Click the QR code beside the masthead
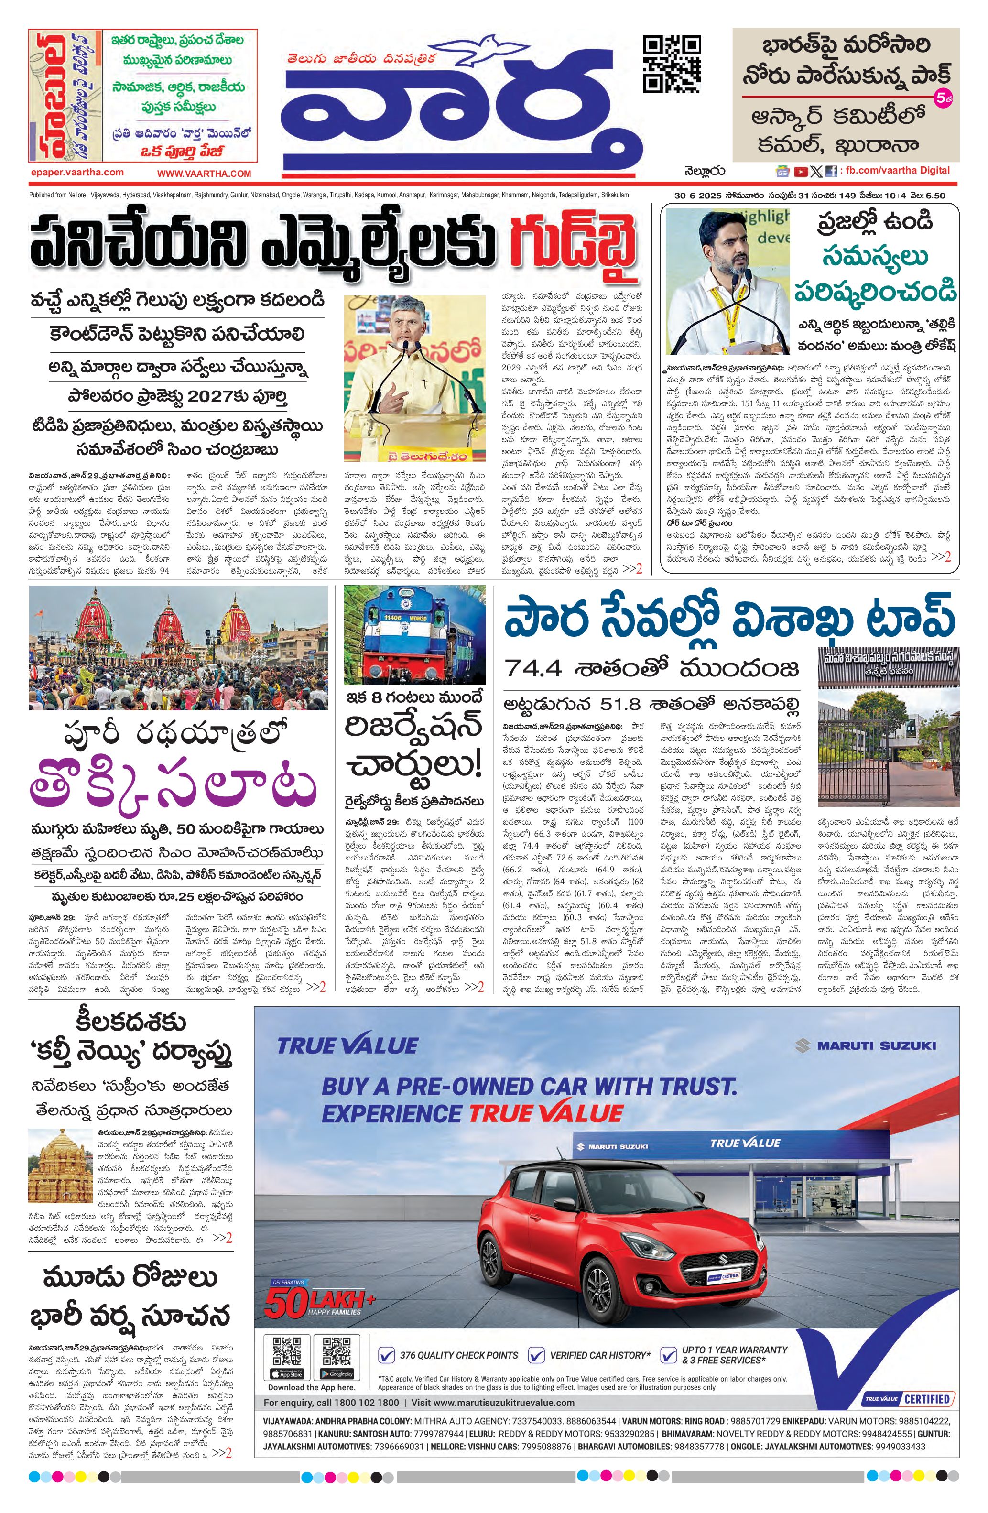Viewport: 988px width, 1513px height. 672,64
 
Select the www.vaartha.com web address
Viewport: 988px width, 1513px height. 204,173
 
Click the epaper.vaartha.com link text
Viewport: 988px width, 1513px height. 77,172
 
